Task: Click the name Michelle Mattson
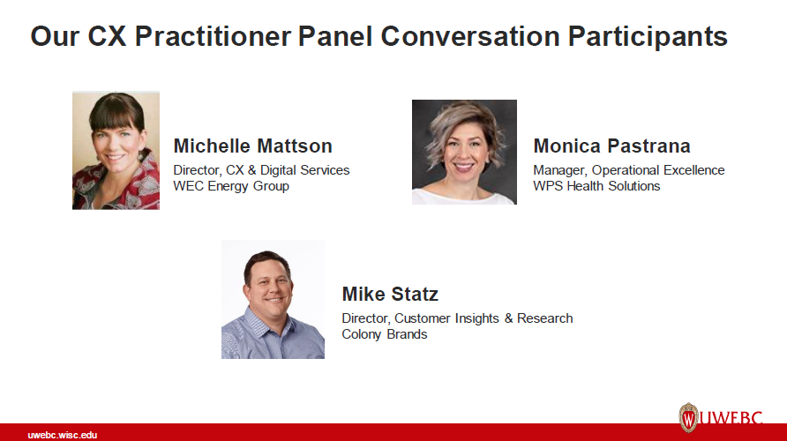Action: click(x=252, y=146)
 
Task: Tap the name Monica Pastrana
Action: click(x=611, y=146)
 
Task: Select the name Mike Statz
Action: click(x=390, y=295)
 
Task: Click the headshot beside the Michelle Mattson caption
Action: click(x=116, y=150)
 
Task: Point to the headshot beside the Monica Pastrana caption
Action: click(x=464, y=152)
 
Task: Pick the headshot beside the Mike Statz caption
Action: click(x=273, y=299)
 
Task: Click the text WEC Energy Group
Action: click(x=231, y=186)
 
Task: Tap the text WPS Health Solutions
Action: click(x=596, y=186)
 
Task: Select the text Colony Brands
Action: click(x=385, y=334)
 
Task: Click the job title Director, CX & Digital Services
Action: click(x=261, y=170)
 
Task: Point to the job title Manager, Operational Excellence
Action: click(x=628, y=170)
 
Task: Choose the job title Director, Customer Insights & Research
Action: click(x=457, y=318)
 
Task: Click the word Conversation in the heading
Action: click(x=471, y=37)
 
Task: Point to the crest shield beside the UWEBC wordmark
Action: click(x=688, y=417)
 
